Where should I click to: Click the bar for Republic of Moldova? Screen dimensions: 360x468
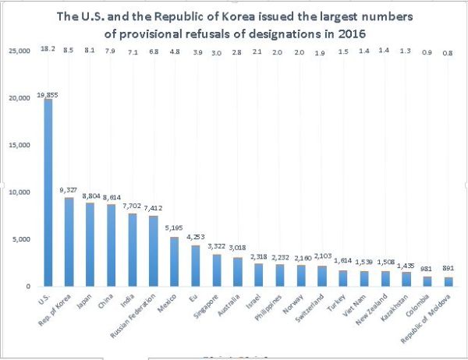[x=448, y=281]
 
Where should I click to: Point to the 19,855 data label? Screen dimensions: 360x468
[x=48, y=94]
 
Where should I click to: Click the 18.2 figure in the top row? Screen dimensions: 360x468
[x=48, y=49]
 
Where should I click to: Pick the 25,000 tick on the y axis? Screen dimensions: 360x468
[x=19, y=51]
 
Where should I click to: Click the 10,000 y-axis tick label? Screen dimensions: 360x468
[x=19, y=192]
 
